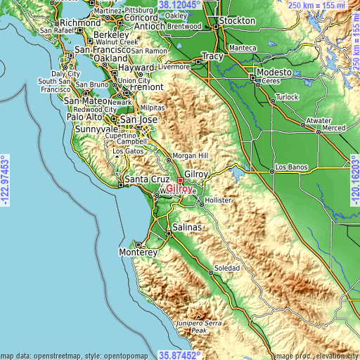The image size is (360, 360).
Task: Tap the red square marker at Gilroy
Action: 180,180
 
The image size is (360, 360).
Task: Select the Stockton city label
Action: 237,21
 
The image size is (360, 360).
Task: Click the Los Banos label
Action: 290,167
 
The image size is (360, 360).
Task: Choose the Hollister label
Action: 218,200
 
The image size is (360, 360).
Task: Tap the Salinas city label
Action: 188,228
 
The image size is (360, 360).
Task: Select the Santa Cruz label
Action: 143,180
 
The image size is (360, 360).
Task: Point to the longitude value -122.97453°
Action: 6,180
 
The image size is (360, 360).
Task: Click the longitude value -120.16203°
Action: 354,180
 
